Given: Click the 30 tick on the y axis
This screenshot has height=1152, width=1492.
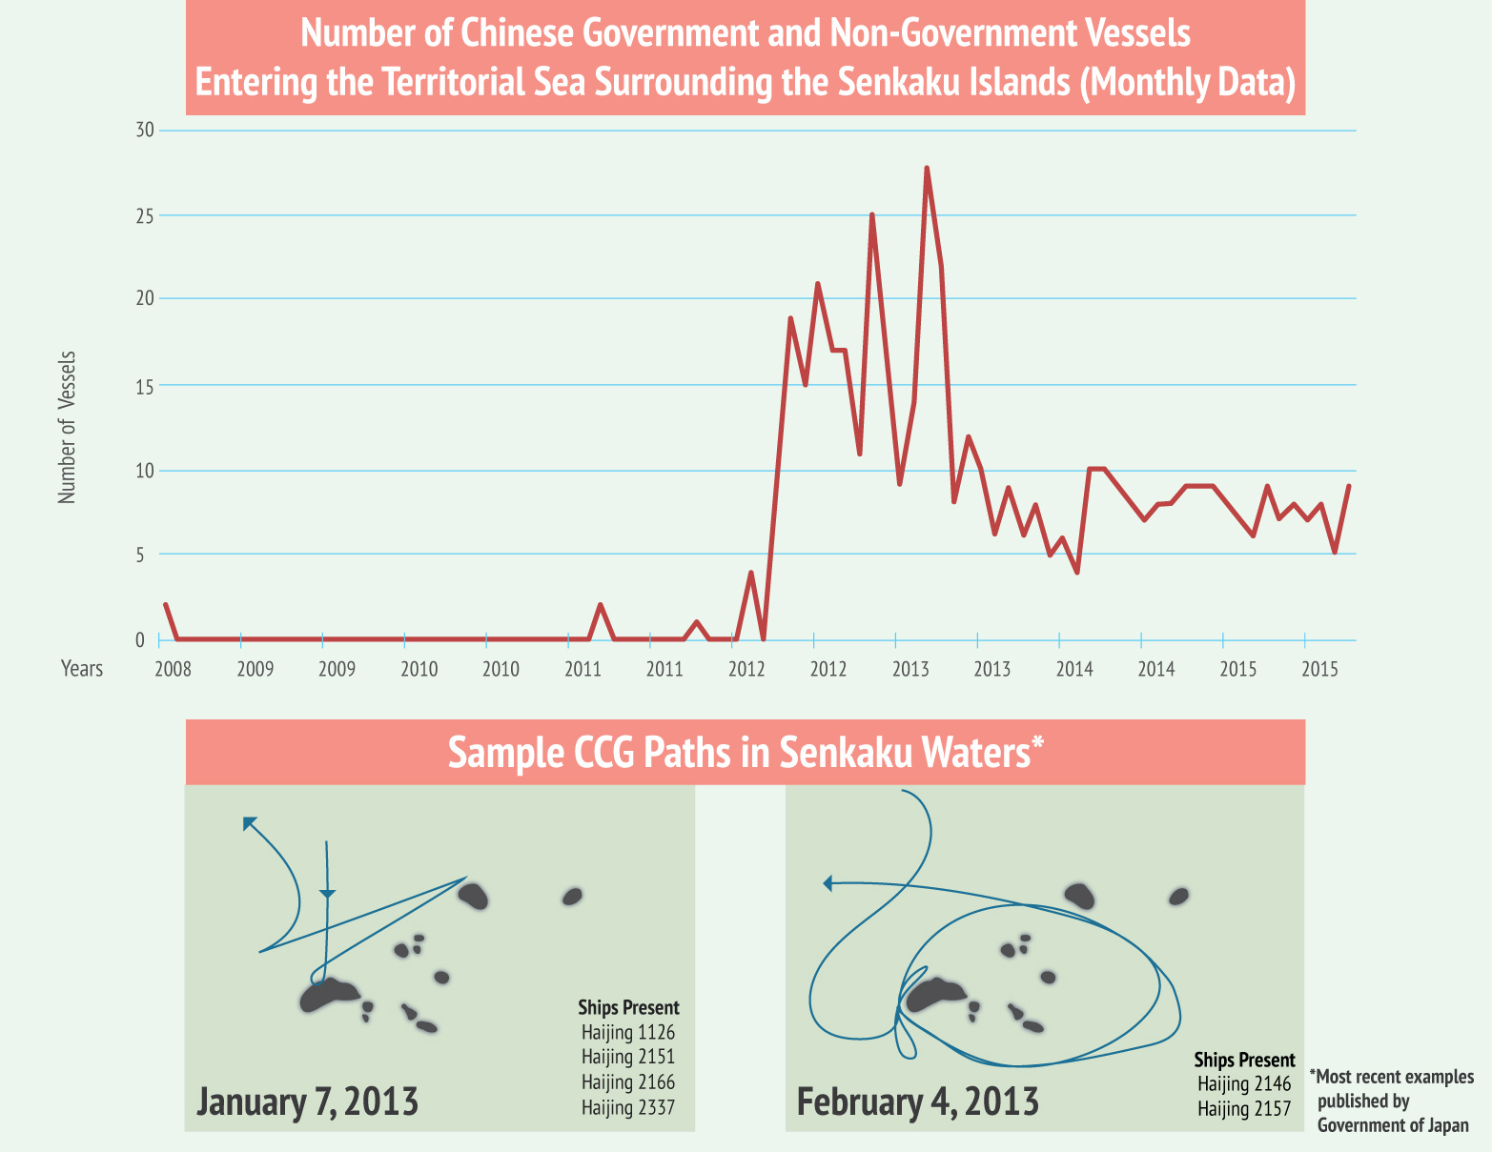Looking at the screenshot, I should [x=145, y=131].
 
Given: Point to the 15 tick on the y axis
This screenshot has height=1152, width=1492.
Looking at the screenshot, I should [x=145, y=386].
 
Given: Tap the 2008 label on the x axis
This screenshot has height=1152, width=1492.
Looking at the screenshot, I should [x=173, y=669].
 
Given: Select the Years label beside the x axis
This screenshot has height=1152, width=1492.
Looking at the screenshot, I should [x=82, y=669].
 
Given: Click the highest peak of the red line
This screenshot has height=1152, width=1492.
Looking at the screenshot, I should [x=927, y=169].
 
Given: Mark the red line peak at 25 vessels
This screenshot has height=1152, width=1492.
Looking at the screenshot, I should [x=872, y=215].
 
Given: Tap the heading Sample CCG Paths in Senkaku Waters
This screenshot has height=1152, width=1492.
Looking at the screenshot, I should [x=745, y=753].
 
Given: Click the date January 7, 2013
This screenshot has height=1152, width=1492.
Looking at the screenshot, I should [x=307, y=1101].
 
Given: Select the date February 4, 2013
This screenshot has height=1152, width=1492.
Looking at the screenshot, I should [x=917, y=1102].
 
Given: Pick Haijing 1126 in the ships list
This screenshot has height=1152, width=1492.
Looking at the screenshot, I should [x=628, y=1032].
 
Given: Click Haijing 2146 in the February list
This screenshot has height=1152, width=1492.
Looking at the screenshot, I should [x=1244, y=1083].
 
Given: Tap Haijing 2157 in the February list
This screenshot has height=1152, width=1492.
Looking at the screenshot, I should [x=1244, y=1108].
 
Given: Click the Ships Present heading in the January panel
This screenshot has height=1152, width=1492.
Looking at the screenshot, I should [x=628, y=1007].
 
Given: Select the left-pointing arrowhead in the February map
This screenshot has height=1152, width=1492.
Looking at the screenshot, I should [x=828, y=884].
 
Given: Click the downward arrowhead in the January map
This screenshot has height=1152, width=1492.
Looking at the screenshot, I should [x=328, y=894].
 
